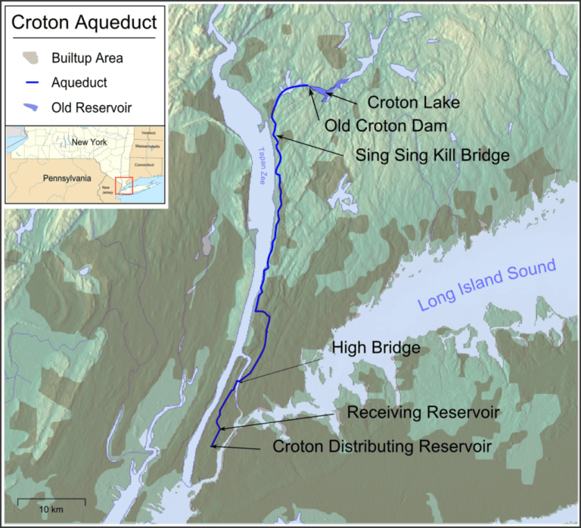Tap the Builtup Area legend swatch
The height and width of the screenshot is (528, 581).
click(x=30, y=57)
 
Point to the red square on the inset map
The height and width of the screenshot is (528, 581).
click(x=123, y=185)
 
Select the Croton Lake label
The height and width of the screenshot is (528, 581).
click(x=414, y=101)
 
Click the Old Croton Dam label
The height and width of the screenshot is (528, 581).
click(x=387, y=124)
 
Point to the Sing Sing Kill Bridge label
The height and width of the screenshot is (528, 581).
click(x=432, y=154)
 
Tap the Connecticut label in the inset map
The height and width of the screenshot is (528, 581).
click(x=144, y=164)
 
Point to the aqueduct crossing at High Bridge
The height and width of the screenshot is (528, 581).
click(x=237, y=382)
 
